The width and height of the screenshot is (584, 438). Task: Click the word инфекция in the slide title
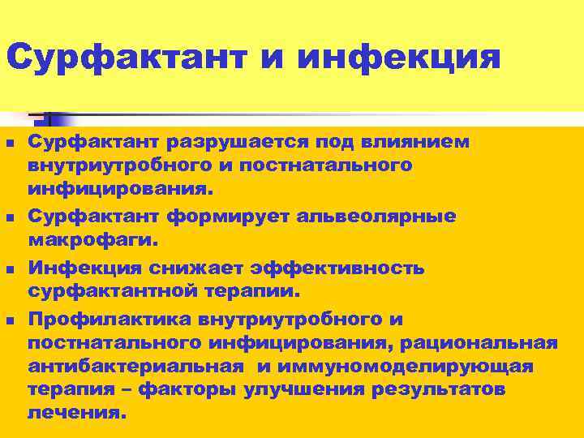399,58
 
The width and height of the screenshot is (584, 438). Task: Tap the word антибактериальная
135,367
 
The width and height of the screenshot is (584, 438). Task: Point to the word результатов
439,389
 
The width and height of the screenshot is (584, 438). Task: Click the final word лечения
77,412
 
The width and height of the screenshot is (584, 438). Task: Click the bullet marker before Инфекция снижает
9,268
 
